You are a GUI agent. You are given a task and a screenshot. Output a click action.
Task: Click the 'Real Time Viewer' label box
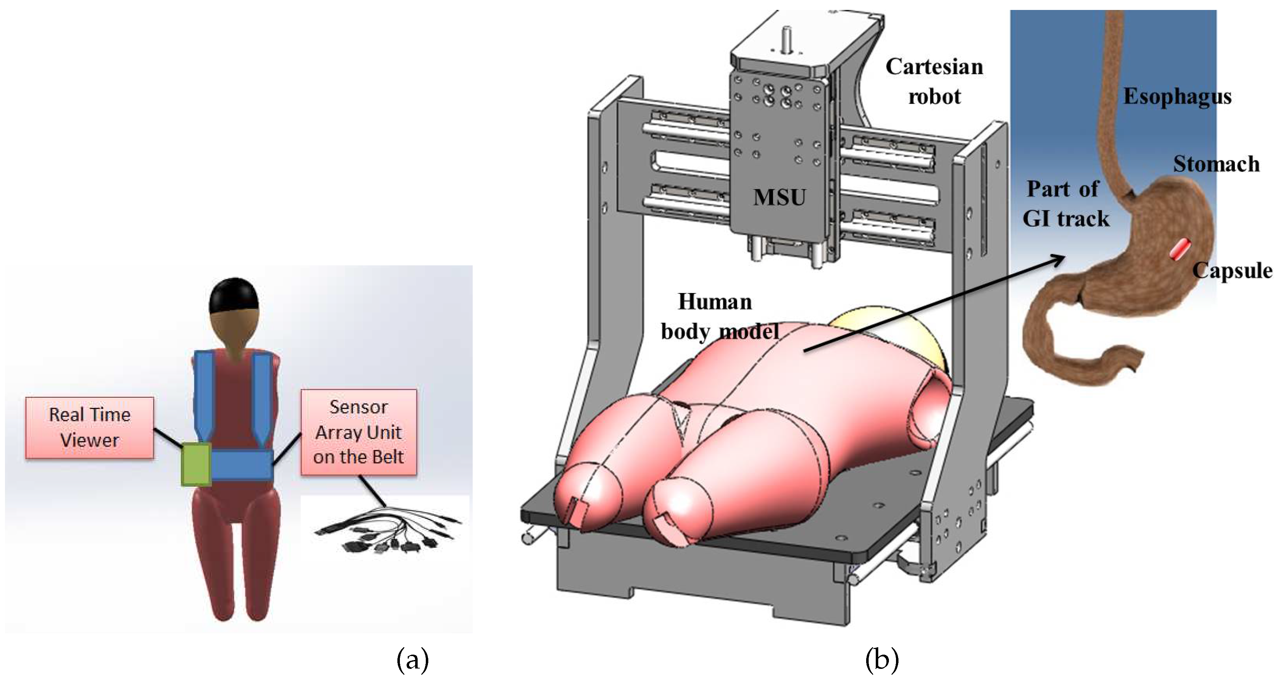point(89,427)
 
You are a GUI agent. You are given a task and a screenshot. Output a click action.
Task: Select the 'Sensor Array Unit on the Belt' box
point(359,432)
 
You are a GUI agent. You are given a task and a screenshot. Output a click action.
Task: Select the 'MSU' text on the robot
point(780,197)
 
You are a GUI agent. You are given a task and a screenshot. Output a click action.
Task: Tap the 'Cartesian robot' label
point(934,82)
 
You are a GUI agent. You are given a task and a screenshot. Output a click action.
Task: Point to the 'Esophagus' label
point(1177,97)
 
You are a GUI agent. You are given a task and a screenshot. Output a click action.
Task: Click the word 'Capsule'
point(1232,270)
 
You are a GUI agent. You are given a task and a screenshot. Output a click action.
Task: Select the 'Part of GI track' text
point(1065,204)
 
